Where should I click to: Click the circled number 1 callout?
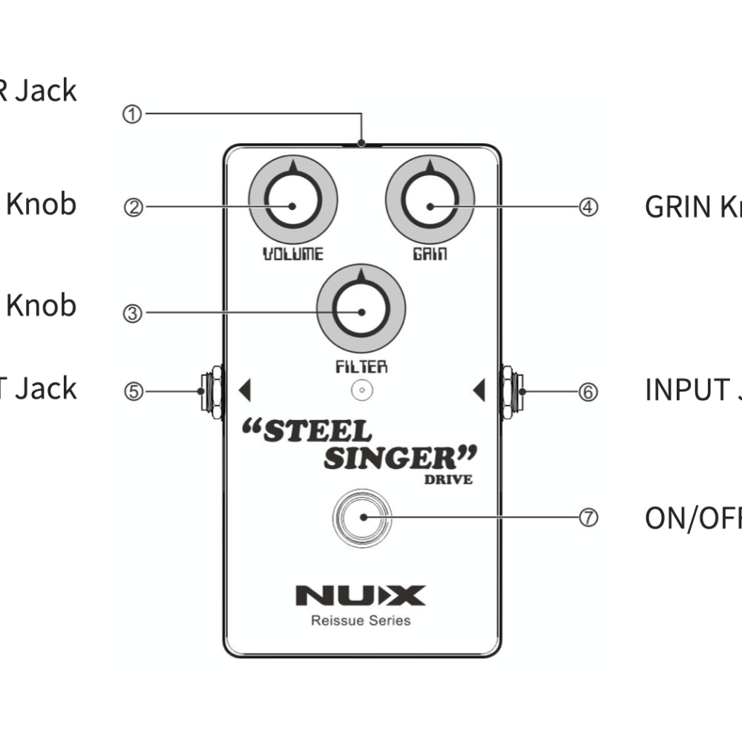(x=132, y=115)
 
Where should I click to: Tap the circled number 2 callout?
(x=132, y=207)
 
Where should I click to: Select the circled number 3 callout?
(x=132, y=313)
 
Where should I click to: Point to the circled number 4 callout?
(x=588, y=207)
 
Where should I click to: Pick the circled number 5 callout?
(x=132, y=391)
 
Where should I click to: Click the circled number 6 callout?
(x=588, y=391)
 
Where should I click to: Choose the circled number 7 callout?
(x=588, y=518)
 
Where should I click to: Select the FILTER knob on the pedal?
(x=361, y=310)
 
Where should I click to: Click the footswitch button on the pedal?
(x=361, y=515)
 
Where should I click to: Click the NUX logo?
(x=361, y=595)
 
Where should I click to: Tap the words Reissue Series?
(x=361, y=620)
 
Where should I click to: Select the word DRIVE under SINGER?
(x=448, y=479)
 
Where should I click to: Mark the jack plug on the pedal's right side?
(x=512, y=391)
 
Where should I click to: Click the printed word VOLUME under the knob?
(x=293, y=255)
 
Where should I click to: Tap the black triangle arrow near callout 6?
(x=479, y=390)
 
